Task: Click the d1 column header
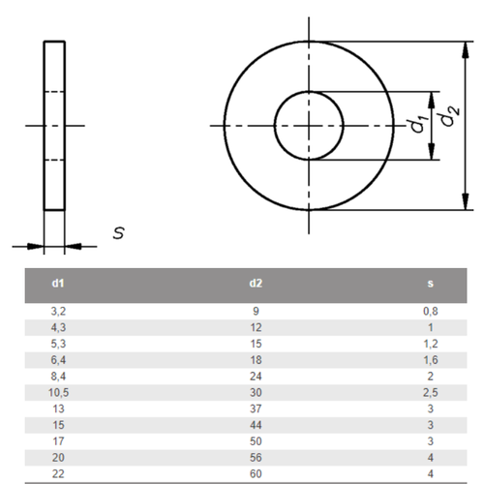[58, 284]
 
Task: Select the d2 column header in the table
[256, 284]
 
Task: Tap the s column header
[430, 284]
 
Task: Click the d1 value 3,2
[58, 312]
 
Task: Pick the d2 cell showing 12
[256, 327]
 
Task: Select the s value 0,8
[431, 312]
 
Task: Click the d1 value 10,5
[58, 393]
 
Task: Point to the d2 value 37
[256, 408]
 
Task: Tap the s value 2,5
[431, 393]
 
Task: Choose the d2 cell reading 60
[256, 474]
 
